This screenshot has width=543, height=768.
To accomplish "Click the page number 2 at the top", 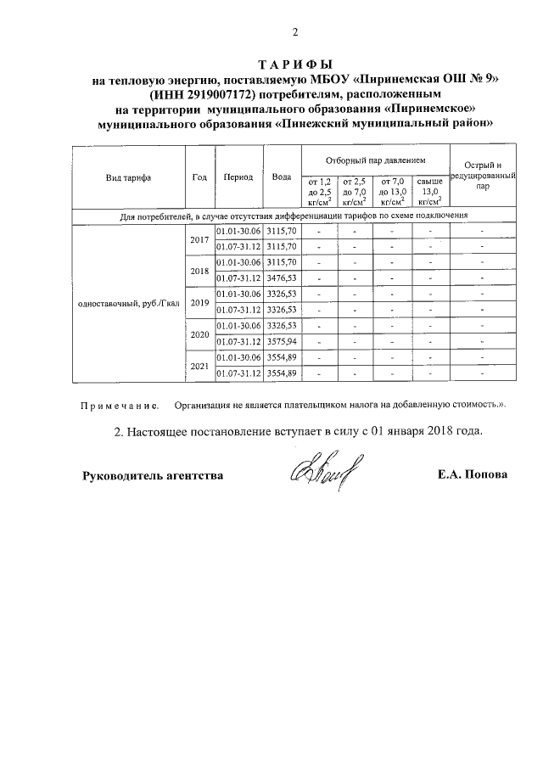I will coord(295,33).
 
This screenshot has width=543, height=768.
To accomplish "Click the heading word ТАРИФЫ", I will coord(295,65).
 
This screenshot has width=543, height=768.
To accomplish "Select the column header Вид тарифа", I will coord(128,178).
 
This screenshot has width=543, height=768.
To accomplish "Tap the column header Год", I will coord(200,177).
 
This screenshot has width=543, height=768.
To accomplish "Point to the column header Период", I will coord(238,177).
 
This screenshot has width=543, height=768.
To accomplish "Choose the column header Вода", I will coord(282,177).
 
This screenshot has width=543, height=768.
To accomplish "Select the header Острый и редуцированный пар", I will coord(482,177).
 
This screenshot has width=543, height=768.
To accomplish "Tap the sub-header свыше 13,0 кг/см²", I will coord(431,192).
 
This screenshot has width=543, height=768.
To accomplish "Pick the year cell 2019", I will coord(200,303).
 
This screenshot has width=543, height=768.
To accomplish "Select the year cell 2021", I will coord(200,366).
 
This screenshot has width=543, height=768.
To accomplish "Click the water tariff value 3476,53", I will coord(282,278).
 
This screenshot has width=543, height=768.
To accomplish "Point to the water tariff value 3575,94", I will coord(282,342).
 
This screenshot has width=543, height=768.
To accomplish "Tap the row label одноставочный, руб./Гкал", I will coord(128,304).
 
